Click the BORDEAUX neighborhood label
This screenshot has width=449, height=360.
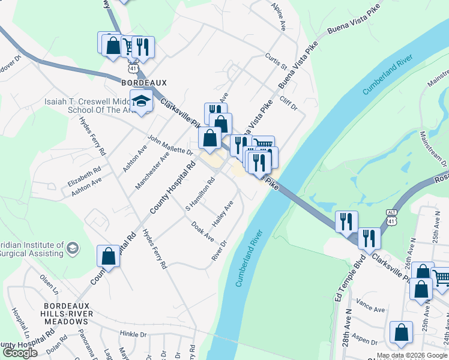[143, 82]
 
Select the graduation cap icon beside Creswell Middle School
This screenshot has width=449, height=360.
[142, 101]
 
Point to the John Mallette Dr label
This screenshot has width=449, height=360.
[170, 145]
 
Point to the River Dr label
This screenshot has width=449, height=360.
[218, 251]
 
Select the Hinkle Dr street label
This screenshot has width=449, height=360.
[133, 334]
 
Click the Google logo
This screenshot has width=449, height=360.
[20, 353]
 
